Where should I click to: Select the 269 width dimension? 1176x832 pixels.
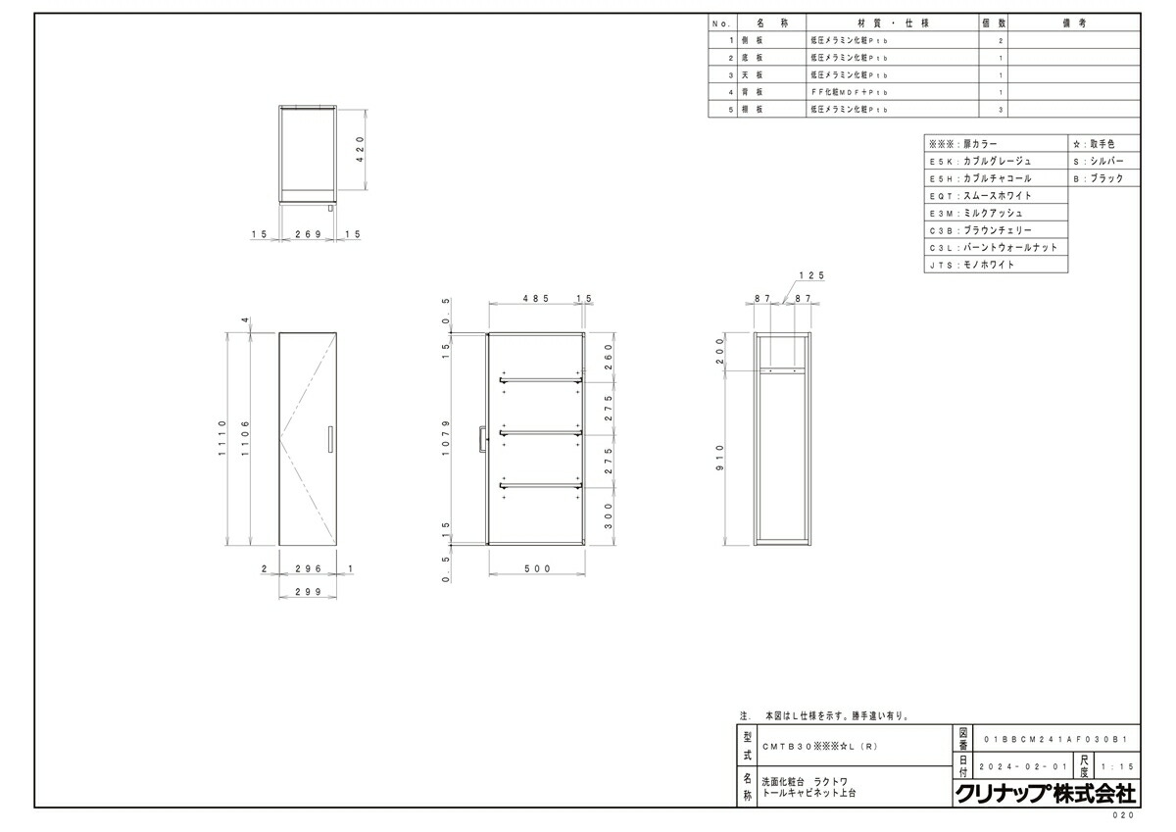[308, 234]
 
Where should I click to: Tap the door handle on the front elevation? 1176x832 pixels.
[331, 439]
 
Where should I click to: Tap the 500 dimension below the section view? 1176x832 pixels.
[536, 569]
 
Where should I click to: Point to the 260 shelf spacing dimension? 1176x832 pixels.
[608, 354]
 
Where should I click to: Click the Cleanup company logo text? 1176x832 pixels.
[1044, 792]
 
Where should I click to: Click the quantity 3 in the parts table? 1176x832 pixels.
[1000, 110]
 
